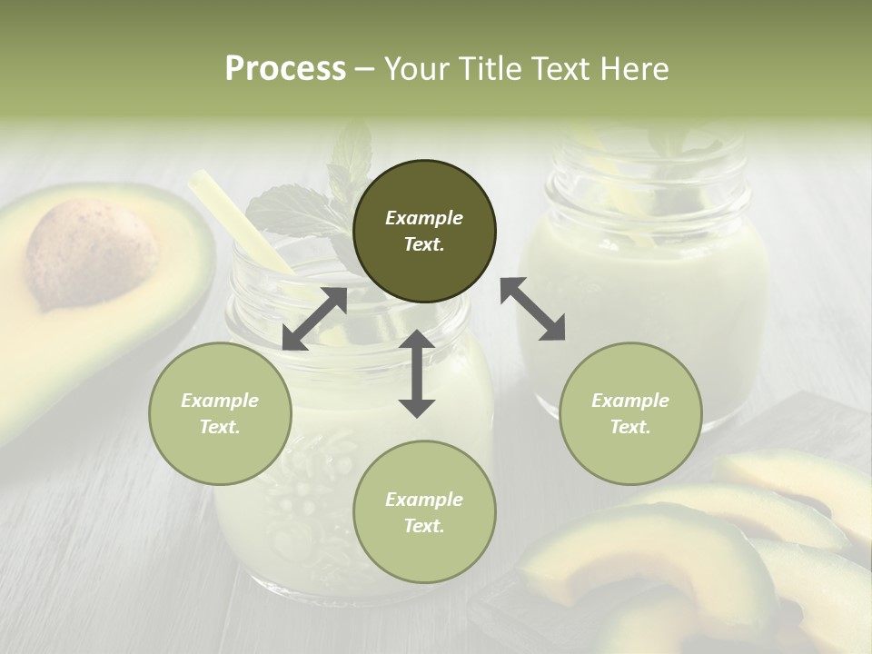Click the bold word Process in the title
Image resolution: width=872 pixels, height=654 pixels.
285,69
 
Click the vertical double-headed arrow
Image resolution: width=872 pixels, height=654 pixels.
417,373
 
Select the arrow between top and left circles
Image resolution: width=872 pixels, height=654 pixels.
314,319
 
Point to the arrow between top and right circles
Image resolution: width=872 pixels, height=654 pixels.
532,309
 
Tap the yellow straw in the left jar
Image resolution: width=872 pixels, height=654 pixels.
241,223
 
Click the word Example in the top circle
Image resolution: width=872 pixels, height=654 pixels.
424,218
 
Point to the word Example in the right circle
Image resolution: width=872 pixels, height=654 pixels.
630,401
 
